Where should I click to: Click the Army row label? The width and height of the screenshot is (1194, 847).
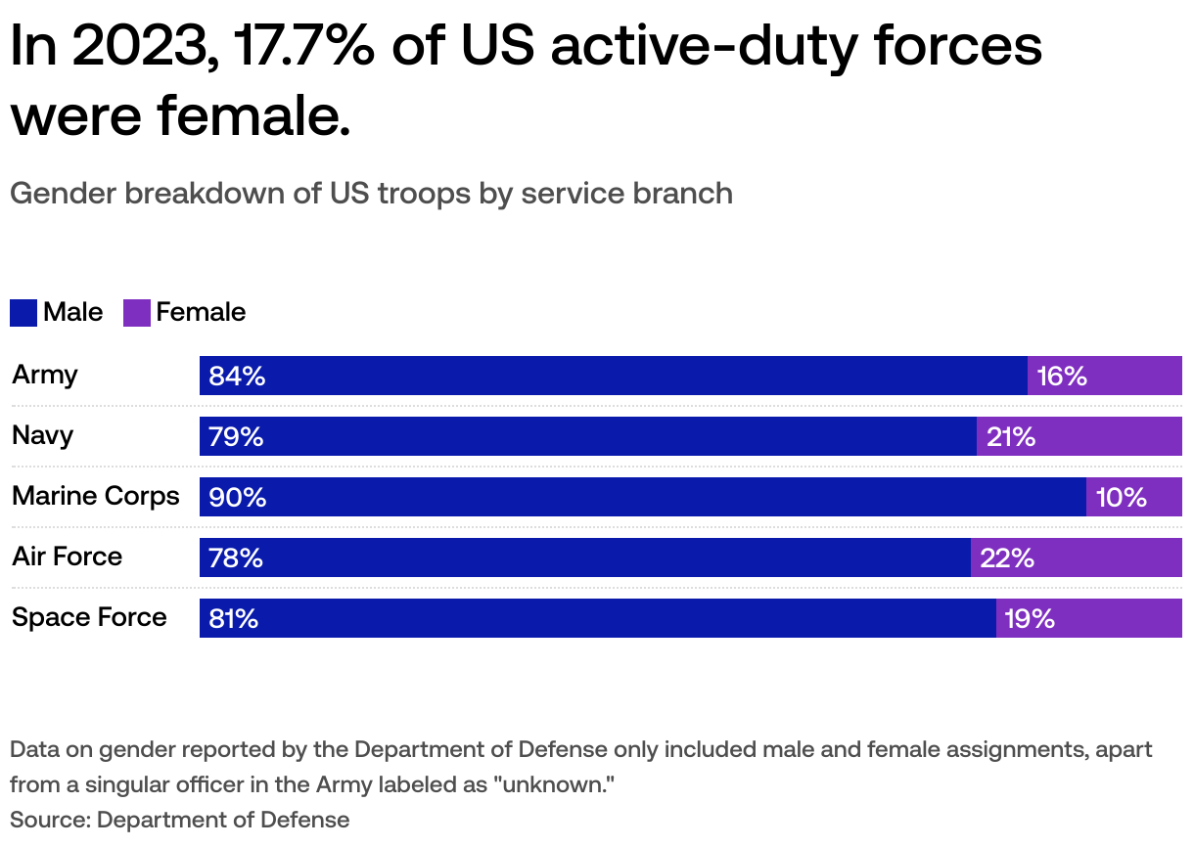coord(45,375)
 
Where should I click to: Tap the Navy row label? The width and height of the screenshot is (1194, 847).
coord(43,435)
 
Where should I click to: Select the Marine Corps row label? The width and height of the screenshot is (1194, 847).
coord(96,496)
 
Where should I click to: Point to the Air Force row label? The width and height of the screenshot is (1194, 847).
coord(68,557)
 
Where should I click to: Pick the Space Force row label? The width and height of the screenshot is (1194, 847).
coord(89,617)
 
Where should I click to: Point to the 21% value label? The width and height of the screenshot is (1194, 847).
coord(1011,436)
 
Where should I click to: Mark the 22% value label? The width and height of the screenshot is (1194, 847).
coord(1007,557)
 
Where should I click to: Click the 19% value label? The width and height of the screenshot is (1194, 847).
coord(1030,618)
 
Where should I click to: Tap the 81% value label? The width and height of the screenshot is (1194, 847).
coord(234,618)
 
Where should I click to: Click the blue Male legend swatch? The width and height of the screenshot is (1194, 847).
coord(23,313)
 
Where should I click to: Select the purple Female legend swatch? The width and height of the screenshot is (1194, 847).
coord(137,313)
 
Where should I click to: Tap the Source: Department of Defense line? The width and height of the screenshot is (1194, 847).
coord(180,819)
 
